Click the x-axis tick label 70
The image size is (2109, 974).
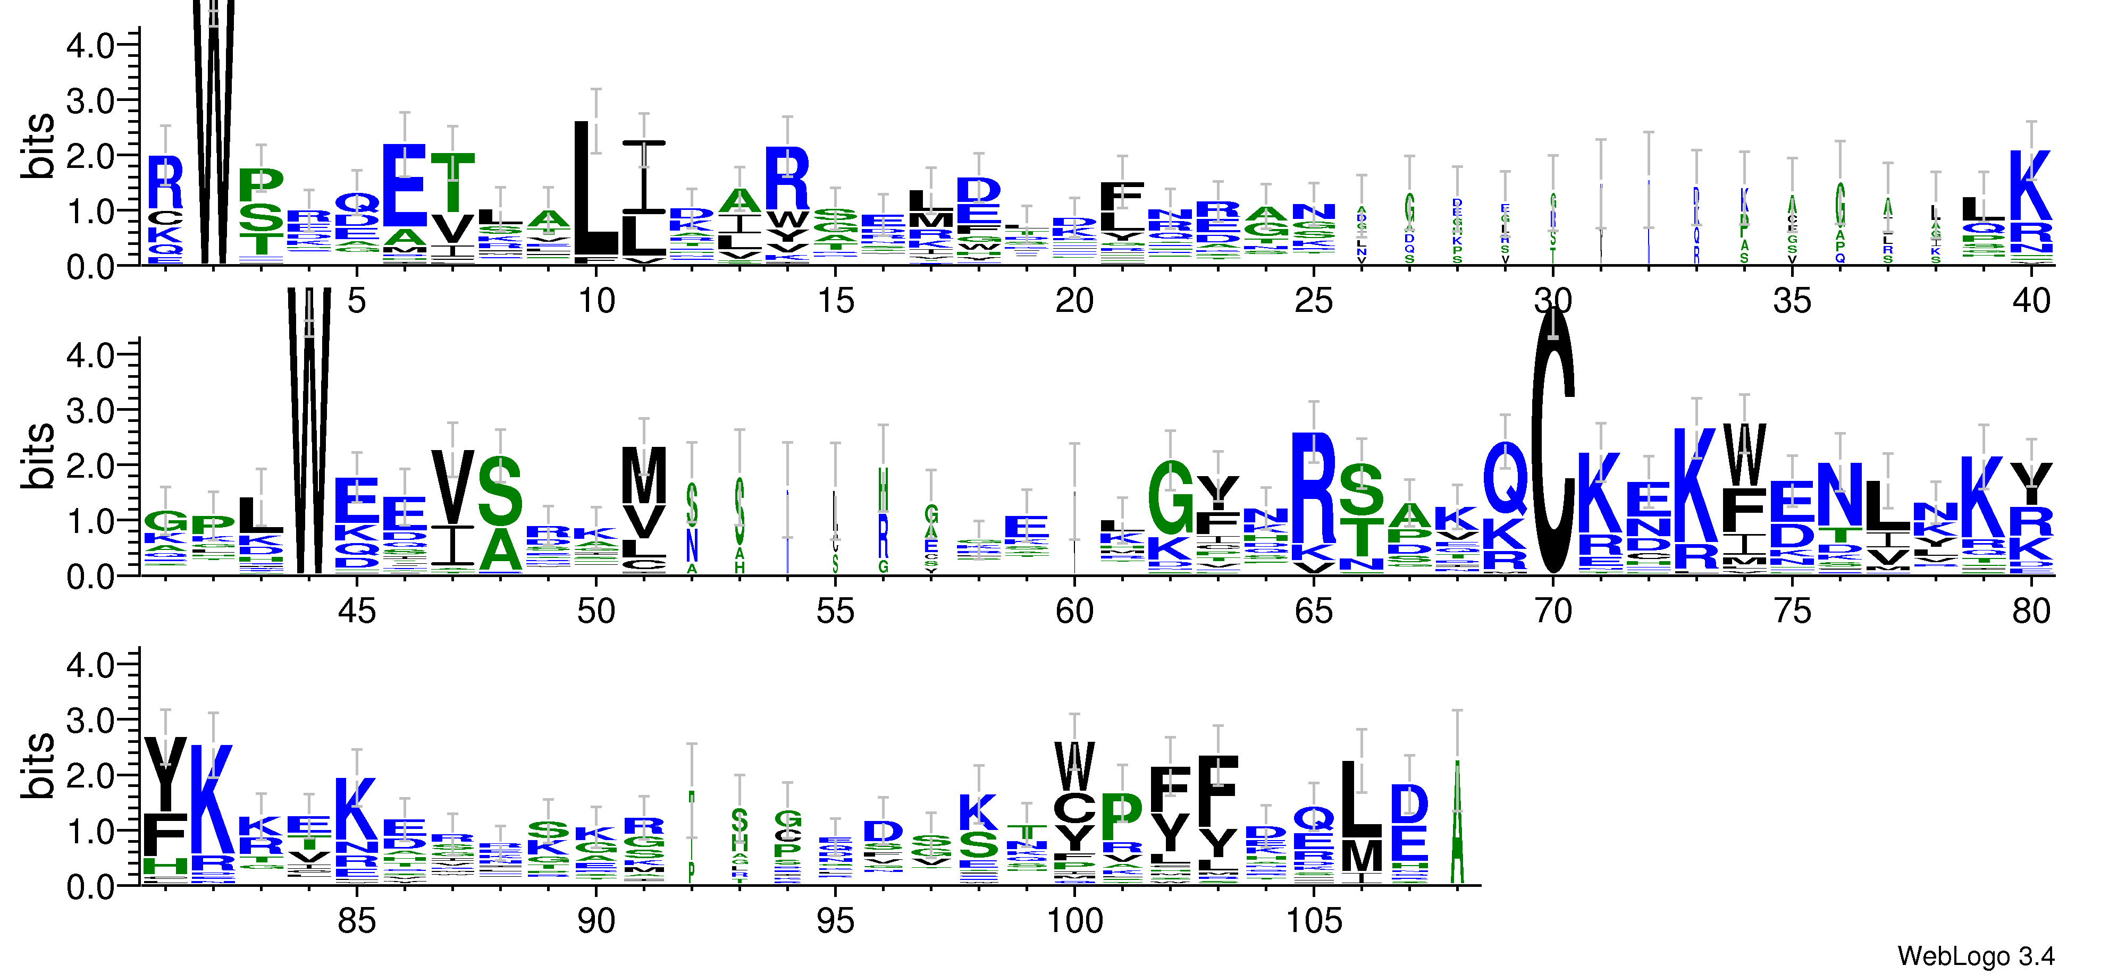[x=1552, y=611]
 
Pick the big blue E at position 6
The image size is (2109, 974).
[x=405, y=185]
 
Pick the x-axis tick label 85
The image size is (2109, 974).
[x=357, y=921]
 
